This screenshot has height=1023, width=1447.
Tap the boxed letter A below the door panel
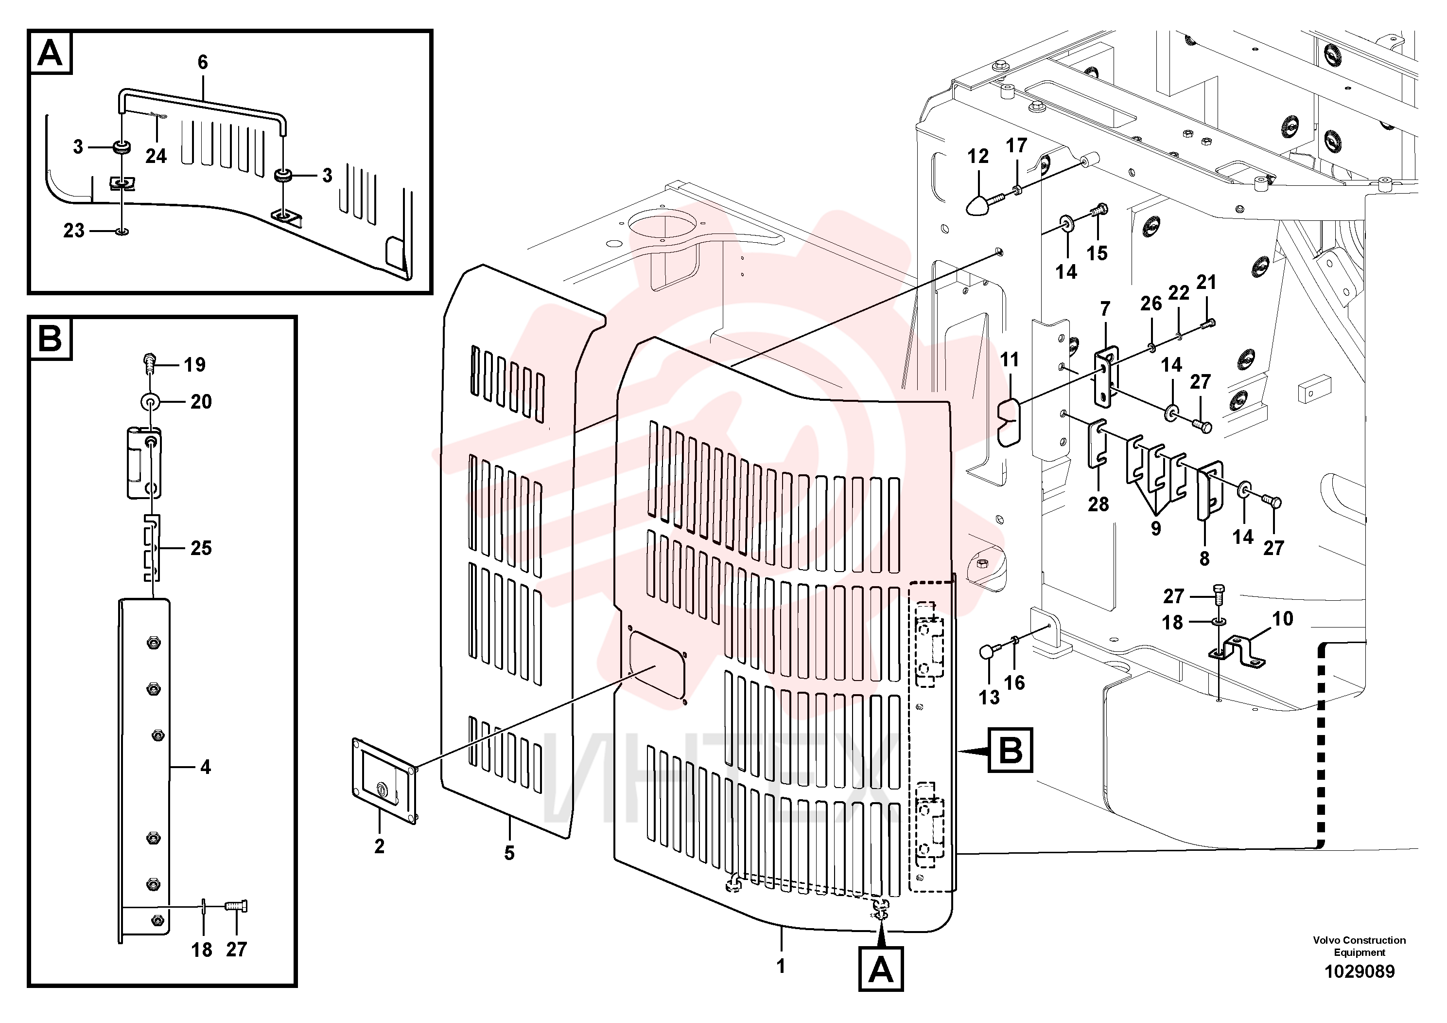pos(880,969)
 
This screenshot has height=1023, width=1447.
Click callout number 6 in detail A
pos(202,62)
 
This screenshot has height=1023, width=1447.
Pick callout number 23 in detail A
pos(74,231)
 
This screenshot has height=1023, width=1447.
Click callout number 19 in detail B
pos(195,364)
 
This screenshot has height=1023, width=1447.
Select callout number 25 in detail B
pos(201,548)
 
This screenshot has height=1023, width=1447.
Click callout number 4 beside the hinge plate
pos(206,767)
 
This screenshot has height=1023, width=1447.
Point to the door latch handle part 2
pos(384,782)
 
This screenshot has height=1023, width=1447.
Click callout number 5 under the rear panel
pos(509,853)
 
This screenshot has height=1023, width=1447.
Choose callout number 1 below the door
pos(781,966)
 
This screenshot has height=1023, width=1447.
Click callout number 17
pos(1016,146)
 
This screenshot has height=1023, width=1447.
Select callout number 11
pos(1009,360)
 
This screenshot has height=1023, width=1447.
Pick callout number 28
pos(1098,504)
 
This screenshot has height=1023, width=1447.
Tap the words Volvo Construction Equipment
pos(1360,946)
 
